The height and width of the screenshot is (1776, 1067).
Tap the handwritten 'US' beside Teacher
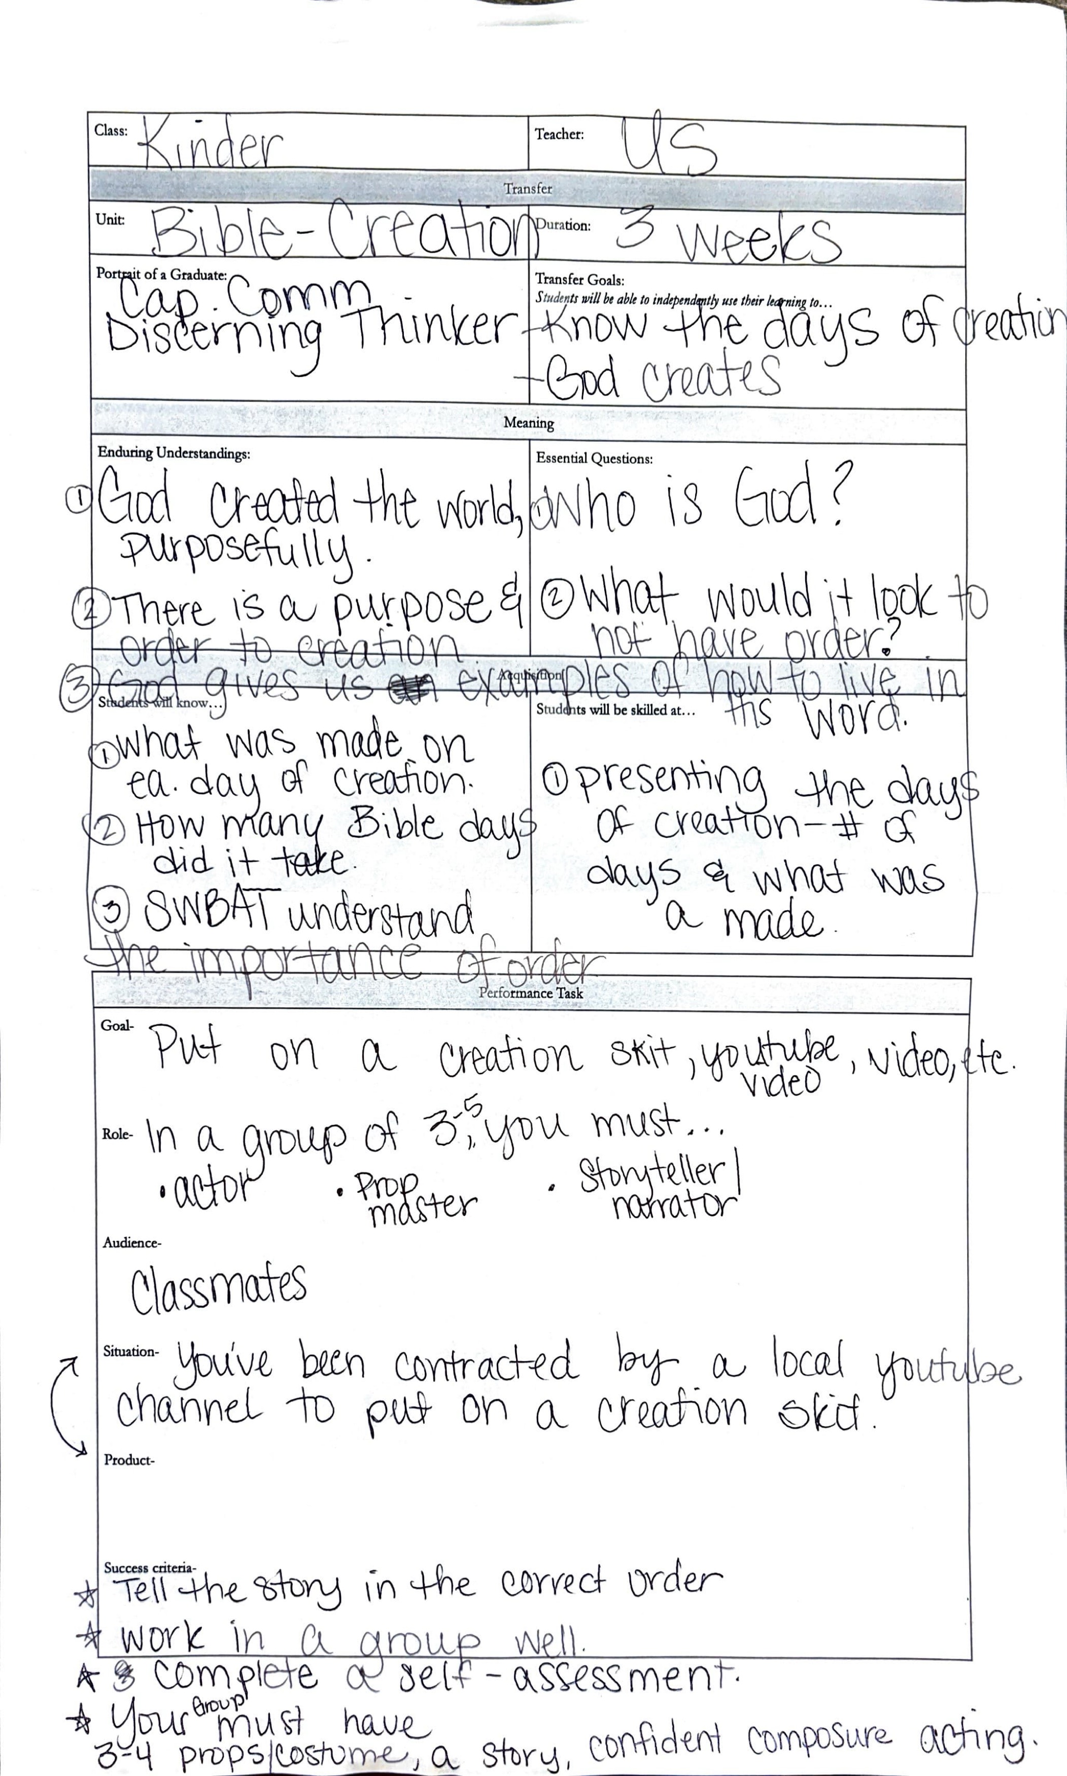pos(669,147)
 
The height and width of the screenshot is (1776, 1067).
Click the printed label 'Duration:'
pos(564,226)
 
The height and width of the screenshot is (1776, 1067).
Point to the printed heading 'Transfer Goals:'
pos(579,280)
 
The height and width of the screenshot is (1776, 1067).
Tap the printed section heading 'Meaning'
pos(529,423)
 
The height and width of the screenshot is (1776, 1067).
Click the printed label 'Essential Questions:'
pos(594,459)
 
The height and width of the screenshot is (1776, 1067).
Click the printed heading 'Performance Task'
pos(531,993)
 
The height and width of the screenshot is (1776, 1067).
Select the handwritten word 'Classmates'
pos(218,1288)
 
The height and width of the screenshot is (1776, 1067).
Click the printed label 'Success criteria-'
pos(150,1567)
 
